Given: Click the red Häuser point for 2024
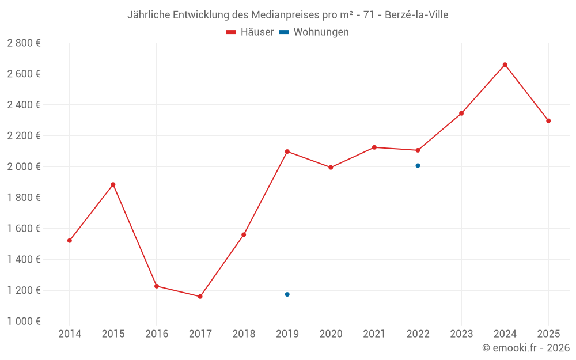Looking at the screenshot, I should click(x=505, y=65).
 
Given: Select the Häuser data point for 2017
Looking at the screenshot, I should click(x=200, y=297).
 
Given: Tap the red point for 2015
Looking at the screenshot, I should click(x=113, y=184).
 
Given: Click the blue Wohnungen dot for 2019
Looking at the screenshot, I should click(x=287, y=294).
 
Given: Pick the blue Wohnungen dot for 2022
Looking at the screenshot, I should click(x=418, y=166).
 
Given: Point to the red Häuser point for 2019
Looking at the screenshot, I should click(x=287, y=151).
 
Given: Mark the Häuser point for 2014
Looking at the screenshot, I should click(x=70, y=241).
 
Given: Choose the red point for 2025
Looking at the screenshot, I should click(x=548, y=121).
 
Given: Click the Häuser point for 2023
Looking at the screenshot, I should click(x=461, y=113).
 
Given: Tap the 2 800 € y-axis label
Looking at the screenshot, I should click(x=24, y=43).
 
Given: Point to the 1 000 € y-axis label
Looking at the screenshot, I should click(x=24, y=321).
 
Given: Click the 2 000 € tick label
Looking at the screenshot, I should click(x=24, y=167).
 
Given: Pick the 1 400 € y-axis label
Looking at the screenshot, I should click(x=24, y=260).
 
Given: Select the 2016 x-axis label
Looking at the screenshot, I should click(x=157, y=334).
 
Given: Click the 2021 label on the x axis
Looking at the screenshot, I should click(x=374, y=334).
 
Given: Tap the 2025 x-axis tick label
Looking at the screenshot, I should click(x=548, y=334).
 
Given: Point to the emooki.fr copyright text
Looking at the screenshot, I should click(x=526, y=348).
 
